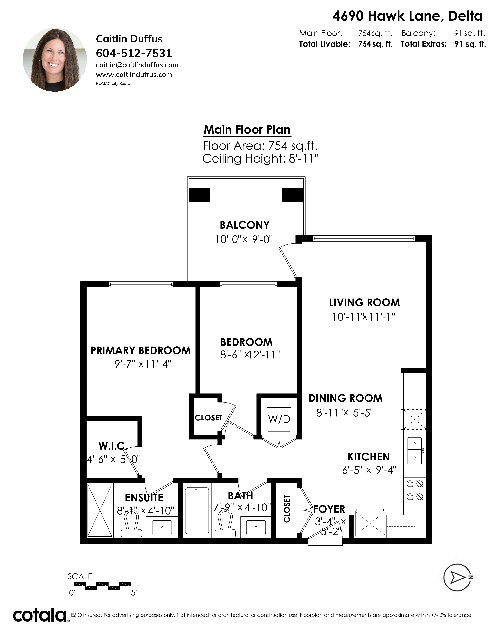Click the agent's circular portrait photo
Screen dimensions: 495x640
[x=55, y=60]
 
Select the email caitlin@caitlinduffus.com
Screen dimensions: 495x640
[x=137, y=65]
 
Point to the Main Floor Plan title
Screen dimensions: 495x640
[x=247, y=130]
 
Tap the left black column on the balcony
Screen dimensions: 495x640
[x=200, y=195]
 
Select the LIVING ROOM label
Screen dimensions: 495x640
[x=365, y=303]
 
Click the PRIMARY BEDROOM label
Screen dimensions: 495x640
[x=141, y=350]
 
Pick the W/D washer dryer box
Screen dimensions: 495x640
[x=279, y=419]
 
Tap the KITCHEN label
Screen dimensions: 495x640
[x=369, y=457]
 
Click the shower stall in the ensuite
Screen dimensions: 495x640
[x=100, y=510]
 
